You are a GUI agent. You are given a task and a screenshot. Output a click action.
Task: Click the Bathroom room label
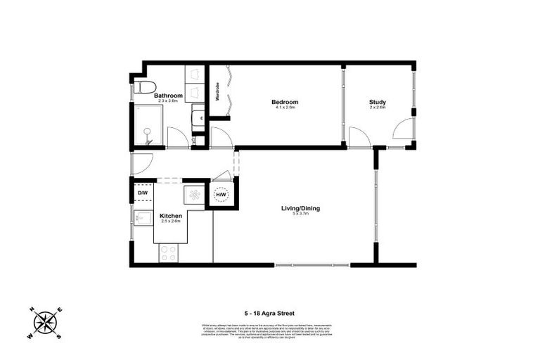coord(169,96)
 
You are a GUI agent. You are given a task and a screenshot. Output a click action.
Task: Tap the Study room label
coord(378,103)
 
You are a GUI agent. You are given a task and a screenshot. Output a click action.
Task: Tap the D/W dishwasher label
coord(142,193)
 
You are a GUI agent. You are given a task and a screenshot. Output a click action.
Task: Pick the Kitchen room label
coord(171,216)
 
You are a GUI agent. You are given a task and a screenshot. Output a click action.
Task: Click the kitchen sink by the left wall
coord(142,218)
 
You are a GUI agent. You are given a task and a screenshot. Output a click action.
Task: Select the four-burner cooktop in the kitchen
coord(169,252)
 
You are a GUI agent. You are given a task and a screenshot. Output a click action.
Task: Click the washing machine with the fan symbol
coord(193,195)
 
